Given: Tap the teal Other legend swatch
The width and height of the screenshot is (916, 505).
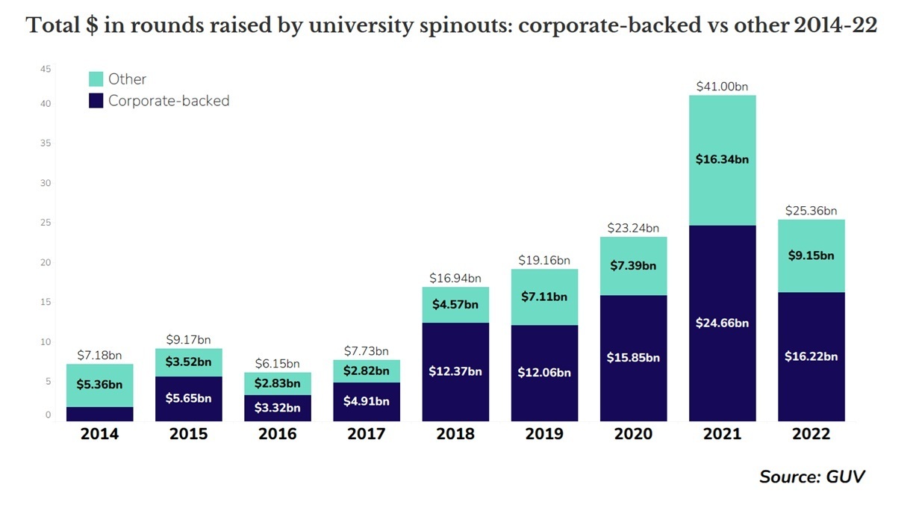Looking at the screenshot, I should pyautogui.click(x=96, y=79).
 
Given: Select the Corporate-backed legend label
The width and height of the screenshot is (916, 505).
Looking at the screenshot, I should pyautogui.click(x=168, y=101).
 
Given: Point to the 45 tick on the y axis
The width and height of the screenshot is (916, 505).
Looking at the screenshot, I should pyautogui.click(x=46, y=69).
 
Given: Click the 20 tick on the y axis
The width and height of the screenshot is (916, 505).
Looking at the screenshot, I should pyautogui.click(x=46, y=263).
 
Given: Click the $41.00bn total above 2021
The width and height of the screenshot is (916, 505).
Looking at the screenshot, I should pyautogui.click(x=722, y=87).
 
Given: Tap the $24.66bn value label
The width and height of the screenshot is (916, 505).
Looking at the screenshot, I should pyautogui.click(x=722, y=323).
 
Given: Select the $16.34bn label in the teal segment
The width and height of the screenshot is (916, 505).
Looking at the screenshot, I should pyautogui.click(x=722, y=159).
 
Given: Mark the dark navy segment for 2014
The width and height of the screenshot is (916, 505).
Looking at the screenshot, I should pyautogui.click(x=99, y=415).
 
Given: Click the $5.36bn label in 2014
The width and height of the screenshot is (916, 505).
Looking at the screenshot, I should pyautogui.click(x=99, y=385).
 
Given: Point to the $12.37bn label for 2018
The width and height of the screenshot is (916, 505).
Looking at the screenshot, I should pyautogui.click(x=455, y=371).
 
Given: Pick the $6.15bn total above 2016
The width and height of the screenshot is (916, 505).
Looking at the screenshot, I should pyautogui.click(x=278, y=364).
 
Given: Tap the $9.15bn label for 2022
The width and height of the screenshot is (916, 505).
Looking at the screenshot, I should pyautogui.click(x=811, y=255).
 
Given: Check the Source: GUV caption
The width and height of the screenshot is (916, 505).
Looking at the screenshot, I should pyautogui.click(x=812, y=477).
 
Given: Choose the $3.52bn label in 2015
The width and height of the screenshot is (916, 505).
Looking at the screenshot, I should pyautogui.click(x=188, y=362).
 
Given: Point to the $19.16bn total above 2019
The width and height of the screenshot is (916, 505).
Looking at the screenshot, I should pyautogui.click(x=544, y=261).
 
